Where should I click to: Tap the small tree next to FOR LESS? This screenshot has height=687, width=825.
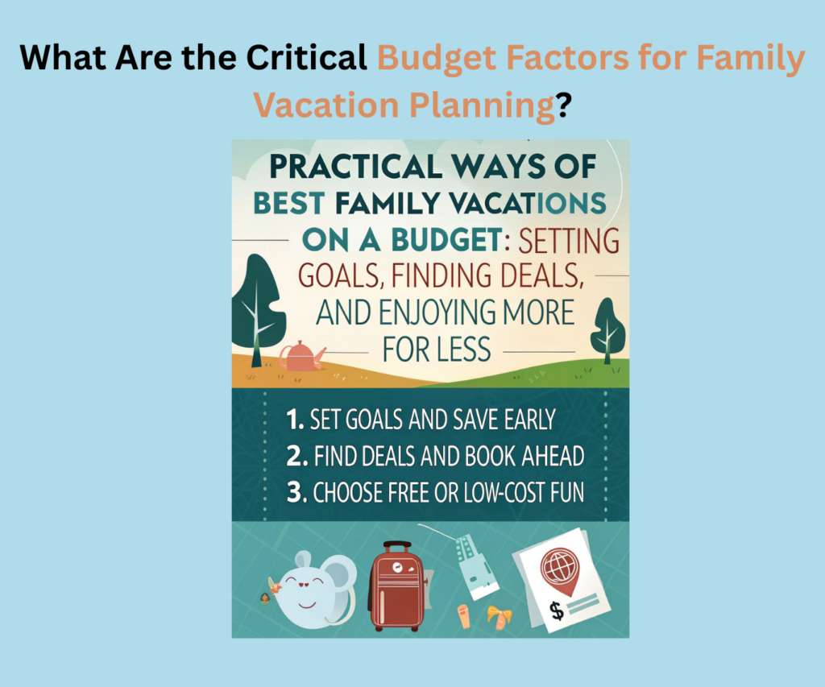[608, 330]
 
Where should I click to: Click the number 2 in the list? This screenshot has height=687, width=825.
[293, 457]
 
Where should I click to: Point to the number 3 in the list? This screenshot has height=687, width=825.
[294, 492]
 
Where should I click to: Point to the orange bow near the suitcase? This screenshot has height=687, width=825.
[499, 617]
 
